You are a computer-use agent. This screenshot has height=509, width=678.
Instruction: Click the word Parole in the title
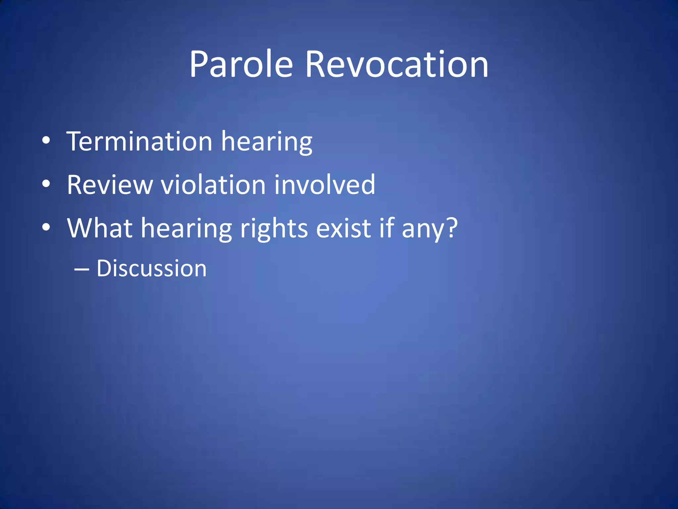(241, 64)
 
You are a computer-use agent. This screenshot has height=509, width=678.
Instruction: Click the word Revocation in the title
(396, 64)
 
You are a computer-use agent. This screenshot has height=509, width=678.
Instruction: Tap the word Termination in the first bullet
(139, 142)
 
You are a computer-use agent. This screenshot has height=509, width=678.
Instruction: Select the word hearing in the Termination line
(266, 143)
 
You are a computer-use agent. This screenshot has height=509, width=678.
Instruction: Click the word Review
(110, 185)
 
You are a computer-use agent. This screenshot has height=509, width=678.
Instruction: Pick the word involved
(325, 185)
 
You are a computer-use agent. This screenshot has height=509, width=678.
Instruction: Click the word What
(100, 228)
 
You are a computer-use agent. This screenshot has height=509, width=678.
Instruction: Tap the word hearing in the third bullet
(186, 230)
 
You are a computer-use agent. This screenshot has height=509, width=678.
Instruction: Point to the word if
(387, 228)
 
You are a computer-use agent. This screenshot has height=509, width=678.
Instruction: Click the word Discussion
(152, 268)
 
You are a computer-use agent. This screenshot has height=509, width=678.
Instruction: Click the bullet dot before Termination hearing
(46, 141)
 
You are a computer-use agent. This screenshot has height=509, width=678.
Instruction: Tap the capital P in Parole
(200, 64)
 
